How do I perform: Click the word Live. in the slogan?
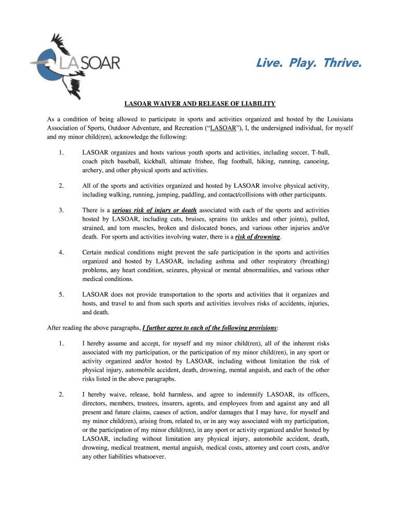click(270, 63)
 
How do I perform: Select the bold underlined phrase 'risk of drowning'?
click(257, 236)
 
